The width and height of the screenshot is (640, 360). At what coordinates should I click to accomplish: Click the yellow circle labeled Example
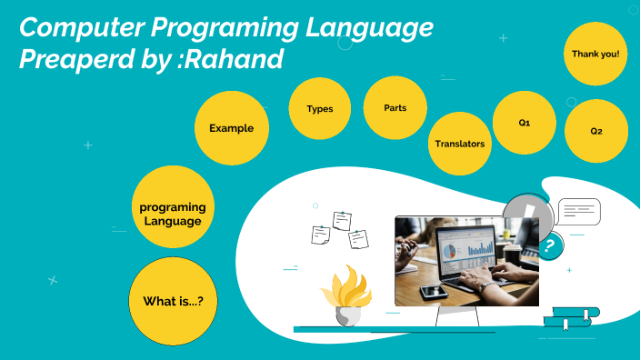(x=231, y=128)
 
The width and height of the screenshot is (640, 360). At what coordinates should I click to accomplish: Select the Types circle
(x=320, y=109)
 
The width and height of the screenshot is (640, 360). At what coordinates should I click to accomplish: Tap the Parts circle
(x=395, y=107)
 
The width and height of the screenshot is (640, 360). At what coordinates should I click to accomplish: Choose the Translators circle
(x=459, y=144)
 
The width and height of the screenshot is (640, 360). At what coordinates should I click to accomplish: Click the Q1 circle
(x=524, y=122)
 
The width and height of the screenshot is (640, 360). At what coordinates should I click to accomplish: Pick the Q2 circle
(x=595, y=131)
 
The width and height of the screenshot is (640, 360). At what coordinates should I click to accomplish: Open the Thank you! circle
(x=595, y=55)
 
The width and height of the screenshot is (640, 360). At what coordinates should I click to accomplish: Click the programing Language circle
(x=172, y=214)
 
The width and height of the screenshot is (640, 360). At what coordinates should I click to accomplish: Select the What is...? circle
(x=174, y=300)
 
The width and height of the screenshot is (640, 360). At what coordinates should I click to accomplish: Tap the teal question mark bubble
(x=547, y=246)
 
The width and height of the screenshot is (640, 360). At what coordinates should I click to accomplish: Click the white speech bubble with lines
(x=578, y=212)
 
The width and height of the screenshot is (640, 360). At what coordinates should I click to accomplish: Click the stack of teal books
(x=570, y=317)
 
